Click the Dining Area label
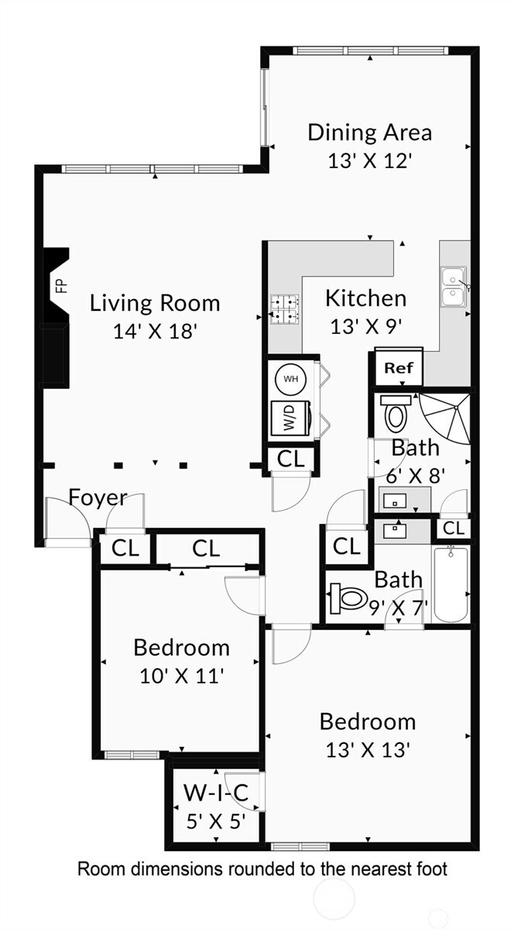(369, 132)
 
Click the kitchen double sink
(453, 288)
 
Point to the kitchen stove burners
(283, 308)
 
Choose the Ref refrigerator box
(399, 367)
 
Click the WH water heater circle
(290, 379)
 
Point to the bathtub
(451, 584)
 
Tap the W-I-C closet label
(216, 793)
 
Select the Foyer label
(98, 498)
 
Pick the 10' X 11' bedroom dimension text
(181, 676)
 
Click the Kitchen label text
(365, 298)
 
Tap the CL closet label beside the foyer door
(125, 549)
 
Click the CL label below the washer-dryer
(291, 459)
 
